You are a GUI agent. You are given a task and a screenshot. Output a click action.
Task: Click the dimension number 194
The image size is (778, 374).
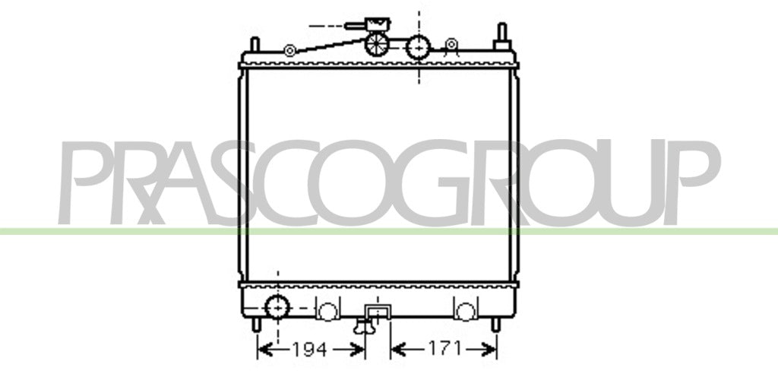[308, 349]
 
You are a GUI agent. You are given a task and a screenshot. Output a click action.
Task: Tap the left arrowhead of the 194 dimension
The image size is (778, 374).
[266, 350]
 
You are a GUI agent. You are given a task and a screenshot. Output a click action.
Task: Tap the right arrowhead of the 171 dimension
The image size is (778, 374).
[489, 349]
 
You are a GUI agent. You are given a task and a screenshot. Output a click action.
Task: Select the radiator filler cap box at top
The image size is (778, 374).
[378, 24]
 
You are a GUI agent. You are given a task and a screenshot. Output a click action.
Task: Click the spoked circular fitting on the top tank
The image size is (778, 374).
[377, 43]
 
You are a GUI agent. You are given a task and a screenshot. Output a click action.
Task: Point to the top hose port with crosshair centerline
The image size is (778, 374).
[419, 47]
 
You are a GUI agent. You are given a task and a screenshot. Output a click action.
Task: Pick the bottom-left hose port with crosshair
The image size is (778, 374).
[277, 306]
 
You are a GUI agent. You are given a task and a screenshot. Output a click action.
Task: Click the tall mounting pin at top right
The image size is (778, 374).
[502, 36]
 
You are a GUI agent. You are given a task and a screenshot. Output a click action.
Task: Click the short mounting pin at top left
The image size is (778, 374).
[255, 44]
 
